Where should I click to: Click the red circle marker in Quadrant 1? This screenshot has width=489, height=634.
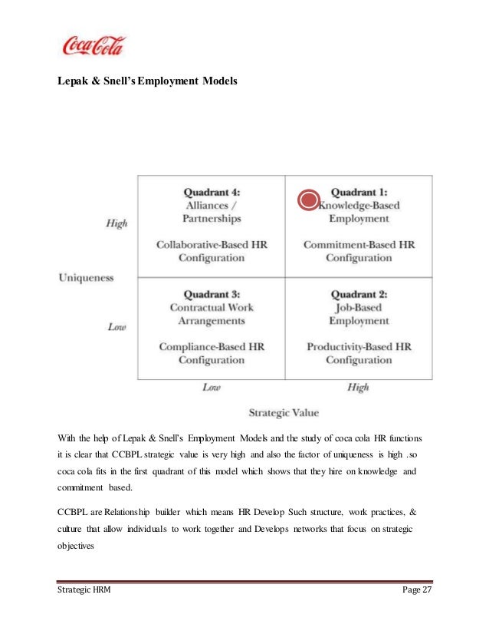click(307, 201)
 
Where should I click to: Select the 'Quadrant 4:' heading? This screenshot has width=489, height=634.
click(212, 193)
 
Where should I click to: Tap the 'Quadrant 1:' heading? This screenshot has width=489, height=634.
click(359, 193)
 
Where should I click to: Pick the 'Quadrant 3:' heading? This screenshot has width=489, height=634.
click(212, 294)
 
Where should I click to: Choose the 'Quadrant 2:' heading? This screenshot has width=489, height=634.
click(359, 294)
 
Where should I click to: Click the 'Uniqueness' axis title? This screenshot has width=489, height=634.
click(86, 277)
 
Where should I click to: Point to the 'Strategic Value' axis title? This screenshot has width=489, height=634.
click(284, 412)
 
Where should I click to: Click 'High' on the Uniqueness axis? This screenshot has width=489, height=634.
click(116, 223)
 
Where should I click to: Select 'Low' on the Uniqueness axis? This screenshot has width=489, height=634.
click(117, 326)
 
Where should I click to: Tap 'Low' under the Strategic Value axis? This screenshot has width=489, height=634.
click(212, 388)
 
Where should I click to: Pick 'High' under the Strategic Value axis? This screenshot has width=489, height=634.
click(358, 388)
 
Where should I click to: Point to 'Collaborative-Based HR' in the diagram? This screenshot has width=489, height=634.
click(212, 245)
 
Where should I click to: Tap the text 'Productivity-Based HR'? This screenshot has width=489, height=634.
click(359, 347)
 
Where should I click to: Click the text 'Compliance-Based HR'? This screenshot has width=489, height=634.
click(212, 347)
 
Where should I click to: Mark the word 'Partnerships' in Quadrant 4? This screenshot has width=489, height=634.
click(212, 219)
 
